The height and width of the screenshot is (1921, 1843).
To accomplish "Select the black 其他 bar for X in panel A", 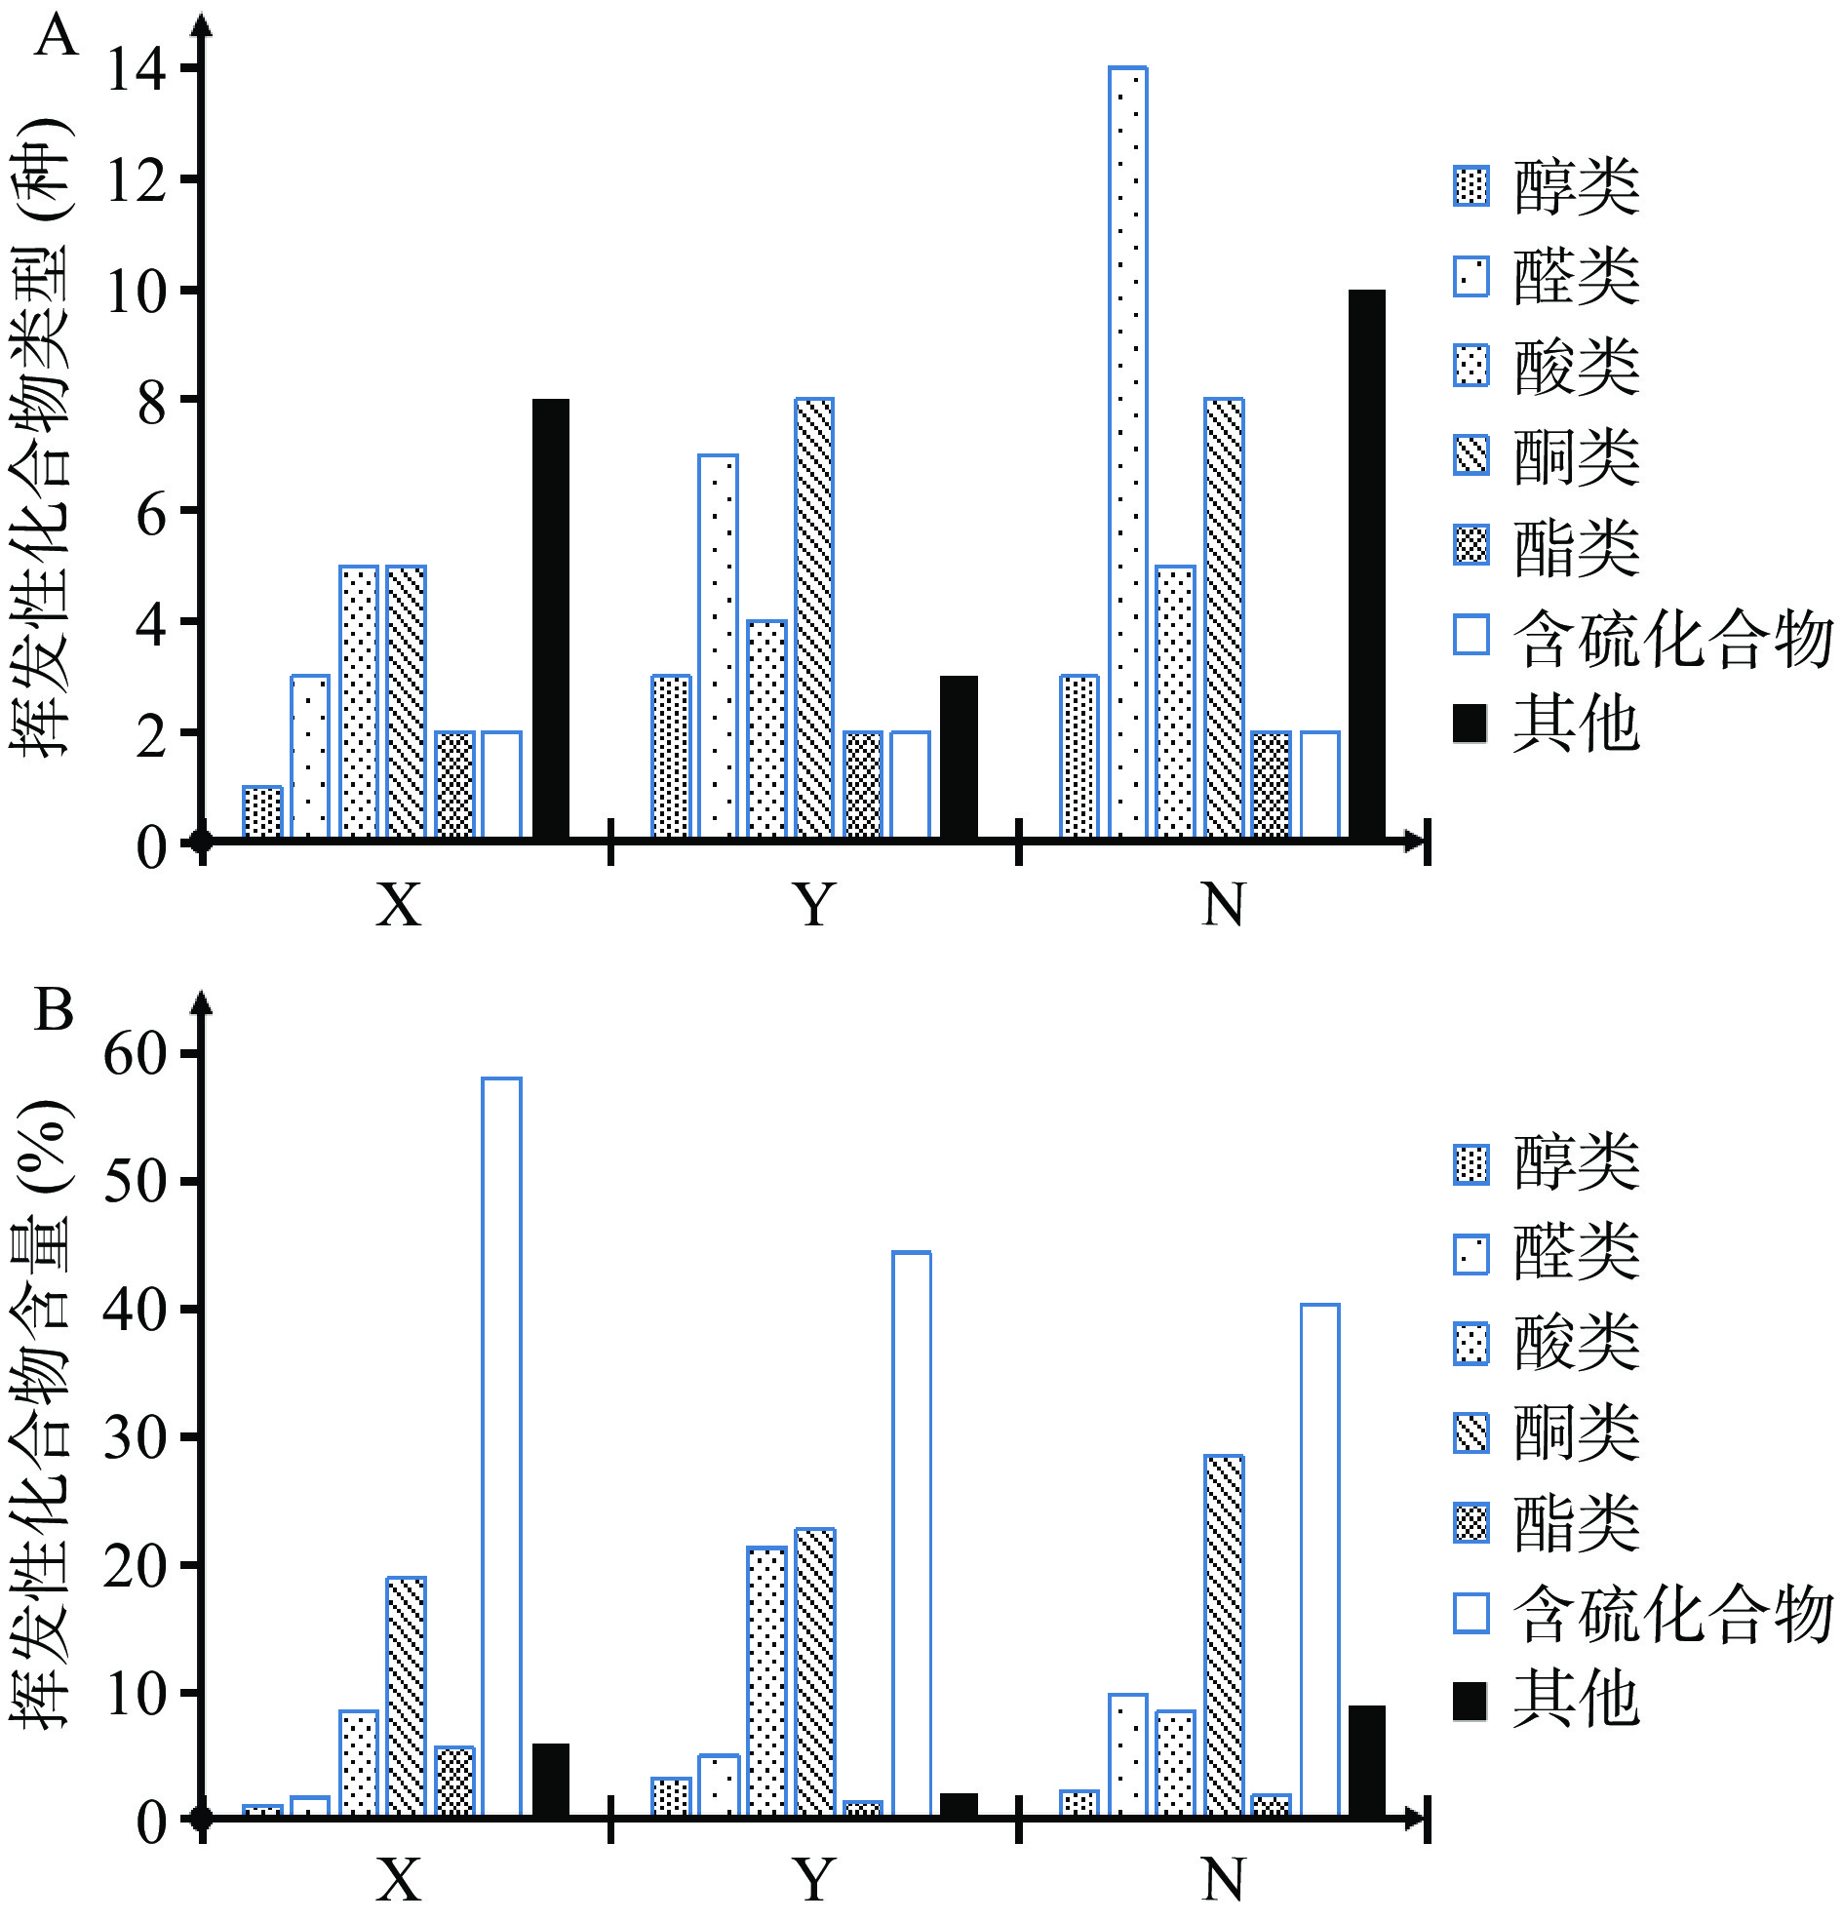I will (550, 618).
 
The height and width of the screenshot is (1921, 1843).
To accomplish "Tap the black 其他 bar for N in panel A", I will (1366, 564).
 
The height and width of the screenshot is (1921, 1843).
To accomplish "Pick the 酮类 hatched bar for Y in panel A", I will (814, 618).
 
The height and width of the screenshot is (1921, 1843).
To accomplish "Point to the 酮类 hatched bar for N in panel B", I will (1224, 1637).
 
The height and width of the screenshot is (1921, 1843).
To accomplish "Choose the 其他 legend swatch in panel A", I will (1470, 724).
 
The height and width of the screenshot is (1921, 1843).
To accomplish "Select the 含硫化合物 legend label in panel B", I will (1672, 1613).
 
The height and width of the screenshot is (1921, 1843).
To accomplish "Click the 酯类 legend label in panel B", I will (1576, 1523).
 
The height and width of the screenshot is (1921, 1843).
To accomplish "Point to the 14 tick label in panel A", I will (137, 70).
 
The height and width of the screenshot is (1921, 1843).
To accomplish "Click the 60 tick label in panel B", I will (137, 1054).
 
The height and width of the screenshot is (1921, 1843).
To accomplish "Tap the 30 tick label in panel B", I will (137, 1437).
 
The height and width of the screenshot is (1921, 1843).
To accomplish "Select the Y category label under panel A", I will (813, 905).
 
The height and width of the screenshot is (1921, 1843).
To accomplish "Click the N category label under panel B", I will (1223, 1880).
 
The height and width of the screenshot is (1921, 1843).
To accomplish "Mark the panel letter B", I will (54, 1009).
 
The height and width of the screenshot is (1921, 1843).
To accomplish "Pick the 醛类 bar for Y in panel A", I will (718, 646).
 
